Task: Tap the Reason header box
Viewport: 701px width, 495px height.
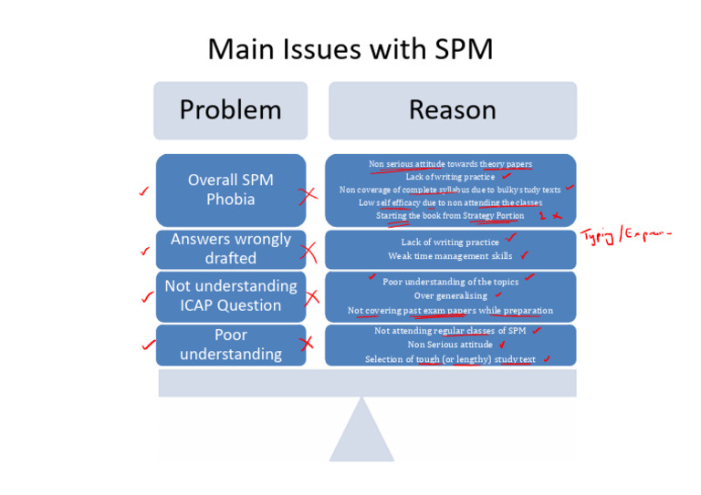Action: coord(452,110)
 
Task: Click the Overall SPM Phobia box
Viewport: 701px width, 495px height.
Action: coord(230,190)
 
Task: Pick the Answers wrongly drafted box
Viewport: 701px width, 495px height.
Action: coord(230,248)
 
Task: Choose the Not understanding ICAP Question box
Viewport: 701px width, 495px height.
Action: coord(230,295)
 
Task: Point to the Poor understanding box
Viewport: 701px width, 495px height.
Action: coord(230,345)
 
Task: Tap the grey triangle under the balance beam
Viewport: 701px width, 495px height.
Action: coord(361,430)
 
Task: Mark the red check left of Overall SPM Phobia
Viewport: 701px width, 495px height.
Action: coord(141,191)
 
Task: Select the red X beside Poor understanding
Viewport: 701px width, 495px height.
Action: coord(308,344)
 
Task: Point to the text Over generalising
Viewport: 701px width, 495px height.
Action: coord(450,296)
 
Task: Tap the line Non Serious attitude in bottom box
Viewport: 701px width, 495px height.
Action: coord(450,345)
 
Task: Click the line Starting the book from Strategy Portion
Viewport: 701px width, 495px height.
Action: coord(450,216)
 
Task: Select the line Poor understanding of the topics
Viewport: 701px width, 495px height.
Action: coord(450,282)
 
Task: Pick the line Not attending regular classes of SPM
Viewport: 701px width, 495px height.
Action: coord(450,331)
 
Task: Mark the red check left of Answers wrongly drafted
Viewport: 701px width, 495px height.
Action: coord(142,251)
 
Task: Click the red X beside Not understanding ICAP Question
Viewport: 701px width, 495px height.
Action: coord(312,296)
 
